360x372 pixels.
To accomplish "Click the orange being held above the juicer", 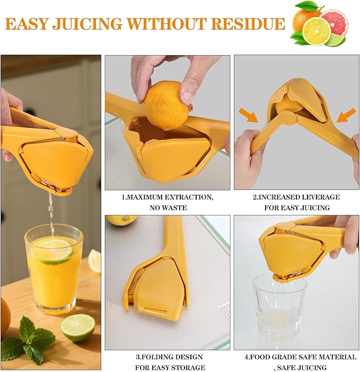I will [166, 105].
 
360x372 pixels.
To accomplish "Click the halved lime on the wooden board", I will [77, 327].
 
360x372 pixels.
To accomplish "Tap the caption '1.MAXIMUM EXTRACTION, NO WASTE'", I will [168, 202].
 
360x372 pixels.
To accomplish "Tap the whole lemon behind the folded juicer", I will [121, 219].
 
